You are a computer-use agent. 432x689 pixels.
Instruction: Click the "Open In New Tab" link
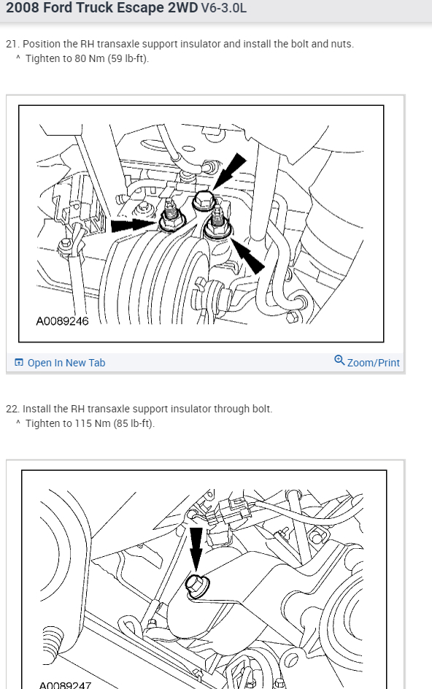click(x=66, y=363)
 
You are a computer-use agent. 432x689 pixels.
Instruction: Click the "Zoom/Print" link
click(x=373, y=363)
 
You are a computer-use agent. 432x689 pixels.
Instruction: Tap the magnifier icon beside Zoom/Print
click(x=339, y=361)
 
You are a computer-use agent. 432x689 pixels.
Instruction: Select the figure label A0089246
click(x=63, y=321)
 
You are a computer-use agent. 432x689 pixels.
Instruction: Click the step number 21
click(x=12, y=44)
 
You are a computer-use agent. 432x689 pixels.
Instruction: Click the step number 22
click(x=12, y=409)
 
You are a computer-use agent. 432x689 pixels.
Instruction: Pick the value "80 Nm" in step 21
click(x=90, y=58)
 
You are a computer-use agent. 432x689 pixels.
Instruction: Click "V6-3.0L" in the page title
click(x=224, y=8)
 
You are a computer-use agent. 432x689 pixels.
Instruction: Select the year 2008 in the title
click(x=20, y=8)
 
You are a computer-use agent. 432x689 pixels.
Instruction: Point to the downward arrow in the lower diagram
click(x=196, y=550)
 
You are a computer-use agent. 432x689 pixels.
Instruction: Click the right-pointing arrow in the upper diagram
click(x=134, y=226)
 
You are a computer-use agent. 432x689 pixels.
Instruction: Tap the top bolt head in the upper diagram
click(x=204, y=201)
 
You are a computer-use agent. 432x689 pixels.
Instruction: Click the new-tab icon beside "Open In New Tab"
click(x=19, y=363)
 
